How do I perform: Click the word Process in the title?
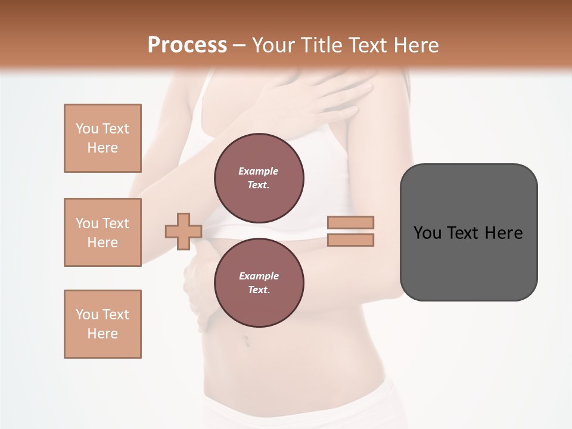point(187,45)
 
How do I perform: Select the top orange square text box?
point(102,138)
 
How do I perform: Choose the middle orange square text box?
point(102,232)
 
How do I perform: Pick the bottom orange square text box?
point(102,324)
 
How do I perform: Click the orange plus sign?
point(184,231)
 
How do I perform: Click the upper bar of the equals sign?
point(350,222)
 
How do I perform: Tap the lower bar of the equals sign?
point(350,240)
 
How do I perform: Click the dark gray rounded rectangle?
point(468,262)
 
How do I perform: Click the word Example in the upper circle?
point(259,171)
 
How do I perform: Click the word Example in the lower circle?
point(259,276)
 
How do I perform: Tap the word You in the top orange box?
point(86,129)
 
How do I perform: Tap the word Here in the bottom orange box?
point(102,334)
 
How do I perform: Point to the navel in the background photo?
point(245,340)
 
